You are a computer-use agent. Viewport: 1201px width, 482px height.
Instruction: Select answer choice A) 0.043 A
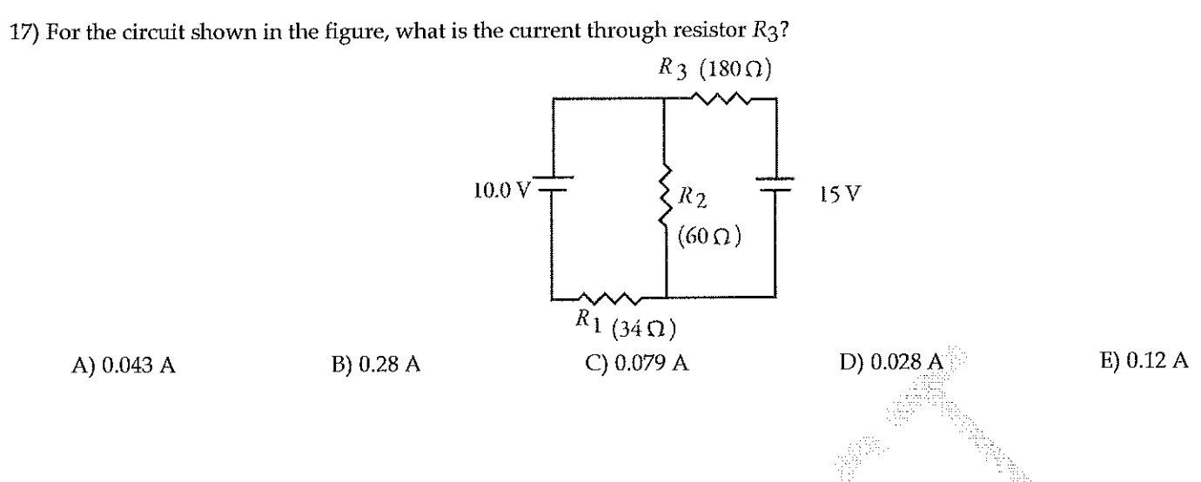click(124, 365)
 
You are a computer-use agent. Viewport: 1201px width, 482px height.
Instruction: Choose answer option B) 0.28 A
click(376, 365)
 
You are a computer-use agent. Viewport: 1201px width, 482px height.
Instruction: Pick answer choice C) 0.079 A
click(637, 364)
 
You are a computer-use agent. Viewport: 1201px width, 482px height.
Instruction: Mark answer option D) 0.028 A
click(890, 362)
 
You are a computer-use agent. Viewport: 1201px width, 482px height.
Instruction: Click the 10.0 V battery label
click(502, 191)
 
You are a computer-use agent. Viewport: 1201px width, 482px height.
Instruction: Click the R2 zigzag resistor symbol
click(666, 194)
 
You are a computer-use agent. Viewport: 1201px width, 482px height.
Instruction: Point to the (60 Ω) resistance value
click(708, 236)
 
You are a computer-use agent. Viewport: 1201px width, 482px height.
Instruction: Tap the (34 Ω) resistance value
click(643, 328)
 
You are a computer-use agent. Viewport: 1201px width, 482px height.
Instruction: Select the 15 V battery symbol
click(775, 184)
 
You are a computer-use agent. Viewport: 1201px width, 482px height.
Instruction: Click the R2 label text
click(692, 197)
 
